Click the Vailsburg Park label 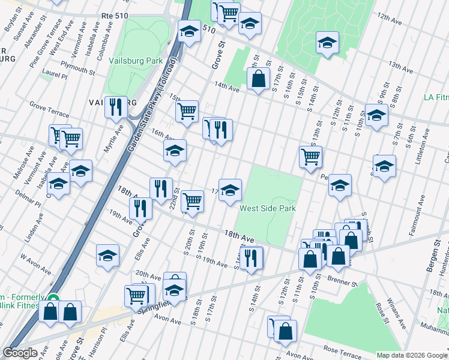coord(136,61)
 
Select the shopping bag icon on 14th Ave coord(258,79)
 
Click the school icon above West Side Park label coord(230,191)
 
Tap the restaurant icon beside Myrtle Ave coord(115,107)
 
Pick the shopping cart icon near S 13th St coord(310,157)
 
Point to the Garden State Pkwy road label coord(151,106)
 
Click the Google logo coord(20,353)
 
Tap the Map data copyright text coord(412,355)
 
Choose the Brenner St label coord(343,278)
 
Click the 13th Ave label coord(402,64)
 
